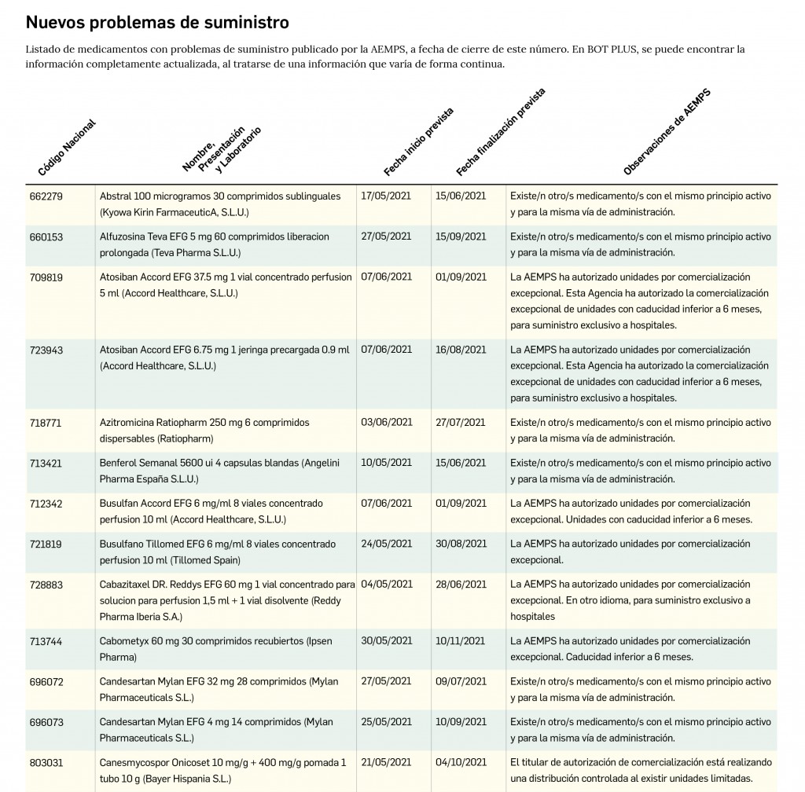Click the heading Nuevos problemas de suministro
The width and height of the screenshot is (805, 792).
pos(157,22)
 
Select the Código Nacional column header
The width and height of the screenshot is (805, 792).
pos(67,148)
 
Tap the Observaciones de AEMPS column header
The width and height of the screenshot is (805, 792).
pos(667,131)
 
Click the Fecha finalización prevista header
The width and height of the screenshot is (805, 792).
pos(500,132)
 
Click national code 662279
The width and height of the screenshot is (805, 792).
pos(46,196)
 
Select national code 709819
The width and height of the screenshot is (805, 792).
pos(46,277)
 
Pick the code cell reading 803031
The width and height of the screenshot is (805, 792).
pos(46,762)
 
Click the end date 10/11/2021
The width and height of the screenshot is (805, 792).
pos(461,641)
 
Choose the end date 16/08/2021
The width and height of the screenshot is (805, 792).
pos(461,350)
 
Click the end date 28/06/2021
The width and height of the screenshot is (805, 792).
pos(461,585)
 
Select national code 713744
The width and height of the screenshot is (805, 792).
pos(46,641)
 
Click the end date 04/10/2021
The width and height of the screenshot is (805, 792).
pos(461,762)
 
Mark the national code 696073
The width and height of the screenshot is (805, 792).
pos(46,722)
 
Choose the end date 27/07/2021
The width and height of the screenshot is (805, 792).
pos(461,422)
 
